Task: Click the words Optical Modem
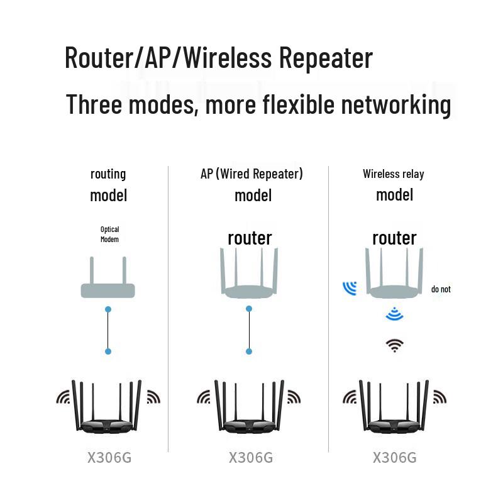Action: click(109, 235)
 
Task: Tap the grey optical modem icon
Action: click(108, 289)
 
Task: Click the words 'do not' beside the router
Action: click(441, 289)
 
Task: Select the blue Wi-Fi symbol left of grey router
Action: click(350, 288)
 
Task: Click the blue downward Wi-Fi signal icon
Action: click(394, 314)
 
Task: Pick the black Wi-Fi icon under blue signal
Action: click(395, 345)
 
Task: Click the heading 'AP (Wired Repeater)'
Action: click(251, 174)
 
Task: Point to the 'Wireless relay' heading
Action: click(394, 174)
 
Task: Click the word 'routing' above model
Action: click(108, 174)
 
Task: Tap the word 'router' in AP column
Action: click(250, 238)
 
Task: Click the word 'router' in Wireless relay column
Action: click(394, 238)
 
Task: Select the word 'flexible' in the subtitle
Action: click(292, 104)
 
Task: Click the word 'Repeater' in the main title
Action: click(326, 58)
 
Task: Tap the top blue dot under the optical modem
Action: click(108, 309)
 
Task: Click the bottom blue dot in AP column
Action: click(250, 351)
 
